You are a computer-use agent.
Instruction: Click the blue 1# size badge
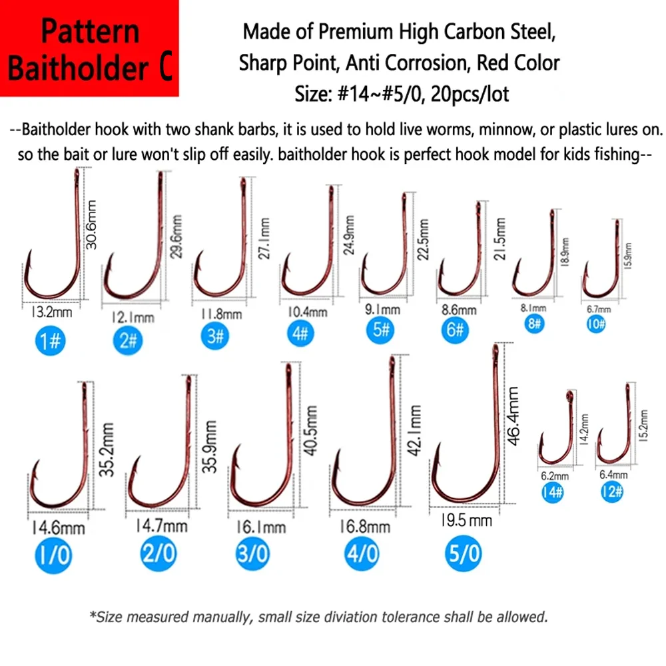tap(50, 340)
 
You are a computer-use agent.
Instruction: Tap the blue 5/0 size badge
tap(464, 553)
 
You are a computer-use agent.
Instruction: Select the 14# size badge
tap(552, 492)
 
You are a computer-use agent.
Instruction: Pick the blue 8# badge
tap(534, 324)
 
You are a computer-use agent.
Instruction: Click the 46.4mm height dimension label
tap(513, 416)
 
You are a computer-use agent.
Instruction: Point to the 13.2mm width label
tap(51, 312)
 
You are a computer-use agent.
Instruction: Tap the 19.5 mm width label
tap(466, 520)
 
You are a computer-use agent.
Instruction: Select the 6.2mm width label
tap(554, 476)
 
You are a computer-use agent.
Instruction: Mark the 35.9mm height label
tap(209, 446)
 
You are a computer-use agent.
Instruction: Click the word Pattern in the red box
tap(90, 31)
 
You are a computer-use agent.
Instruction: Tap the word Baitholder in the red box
tap(78, 69)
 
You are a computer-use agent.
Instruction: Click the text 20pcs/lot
tap(470, 94)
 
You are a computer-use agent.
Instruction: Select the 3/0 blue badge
tap(252, 553)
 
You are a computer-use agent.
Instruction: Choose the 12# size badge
tap(611, 492)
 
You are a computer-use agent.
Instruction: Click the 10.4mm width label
tap(307, 312)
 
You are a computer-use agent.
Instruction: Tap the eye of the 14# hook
tap(569, 396)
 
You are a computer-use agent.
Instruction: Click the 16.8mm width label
tap(364, 527)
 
